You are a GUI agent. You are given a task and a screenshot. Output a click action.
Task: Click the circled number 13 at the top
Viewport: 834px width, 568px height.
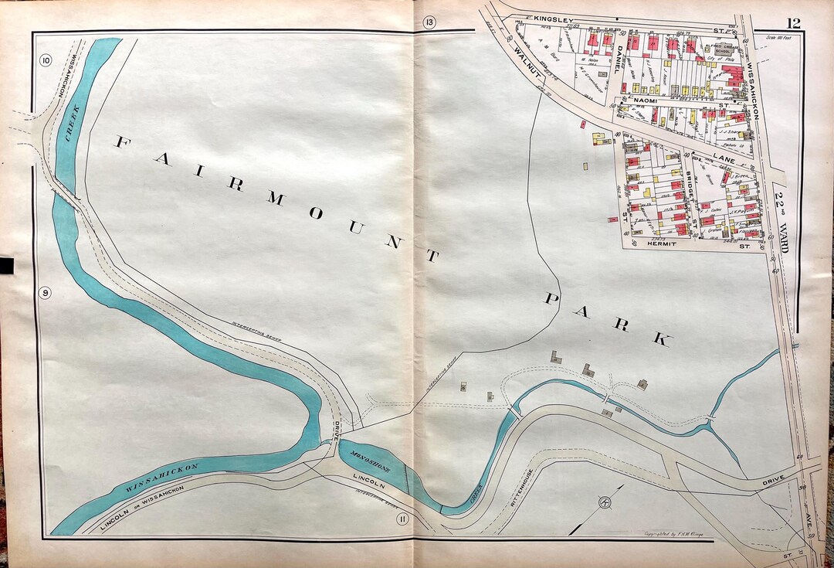click(429, 22)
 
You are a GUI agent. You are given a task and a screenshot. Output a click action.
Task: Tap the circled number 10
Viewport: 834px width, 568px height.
click(46, 61)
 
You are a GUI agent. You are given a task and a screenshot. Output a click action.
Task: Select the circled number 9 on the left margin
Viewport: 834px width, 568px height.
click(46, 293)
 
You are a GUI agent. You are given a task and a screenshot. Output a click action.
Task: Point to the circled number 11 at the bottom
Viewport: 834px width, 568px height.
click(402, 519)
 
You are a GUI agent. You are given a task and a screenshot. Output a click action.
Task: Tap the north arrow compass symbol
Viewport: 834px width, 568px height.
click(602, 506)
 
